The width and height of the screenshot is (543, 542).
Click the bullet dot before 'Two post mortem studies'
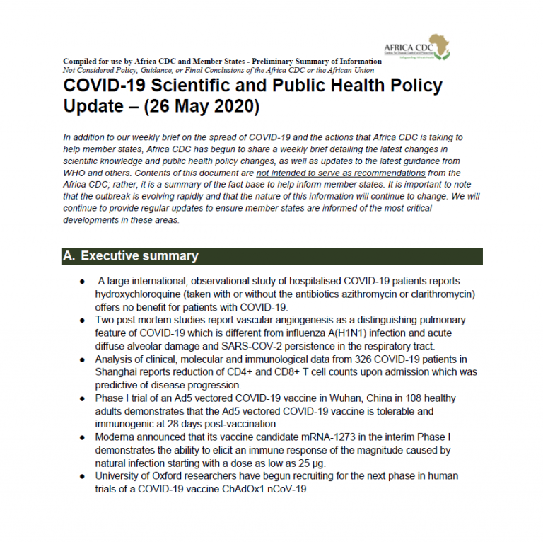84,321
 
